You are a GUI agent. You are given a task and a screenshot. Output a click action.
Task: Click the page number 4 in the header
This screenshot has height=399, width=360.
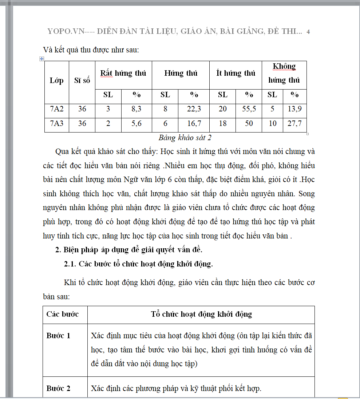[308, 32]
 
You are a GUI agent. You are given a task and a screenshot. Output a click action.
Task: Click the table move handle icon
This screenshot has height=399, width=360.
[41, 59]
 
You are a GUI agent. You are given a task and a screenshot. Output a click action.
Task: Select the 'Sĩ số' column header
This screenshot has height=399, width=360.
[82, 80]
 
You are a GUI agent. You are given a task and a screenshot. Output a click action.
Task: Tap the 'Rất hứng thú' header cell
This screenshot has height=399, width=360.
[123, 73]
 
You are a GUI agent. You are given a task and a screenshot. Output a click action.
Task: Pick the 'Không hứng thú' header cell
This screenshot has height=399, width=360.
[284, 73]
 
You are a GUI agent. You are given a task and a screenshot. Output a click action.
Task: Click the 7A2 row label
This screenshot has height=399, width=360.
[56, 109]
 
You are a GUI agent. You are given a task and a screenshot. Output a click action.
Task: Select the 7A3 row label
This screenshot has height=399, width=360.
[56, 123]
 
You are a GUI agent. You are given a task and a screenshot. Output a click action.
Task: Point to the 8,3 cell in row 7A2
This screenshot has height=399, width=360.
[136, 109]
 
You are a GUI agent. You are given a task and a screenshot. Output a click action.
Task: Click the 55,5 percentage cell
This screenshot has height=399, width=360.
[249, 109]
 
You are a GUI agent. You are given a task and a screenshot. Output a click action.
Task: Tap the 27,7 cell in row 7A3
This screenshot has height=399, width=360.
[294, 123]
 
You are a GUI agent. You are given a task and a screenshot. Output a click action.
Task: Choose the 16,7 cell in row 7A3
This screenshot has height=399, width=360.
[194, 123]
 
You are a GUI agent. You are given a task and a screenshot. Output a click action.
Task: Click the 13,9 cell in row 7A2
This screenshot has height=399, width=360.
[294, 109]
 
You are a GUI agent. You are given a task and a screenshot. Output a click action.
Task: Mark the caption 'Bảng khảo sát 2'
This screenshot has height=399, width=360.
[185, 138]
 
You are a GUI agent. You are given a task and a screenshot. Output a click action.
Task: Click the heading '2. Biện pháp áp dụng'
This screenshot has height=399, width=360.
[128, 250]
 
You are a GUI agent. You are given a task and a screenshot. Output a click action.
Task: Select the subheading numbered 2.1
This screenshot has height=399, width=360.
[138, 264]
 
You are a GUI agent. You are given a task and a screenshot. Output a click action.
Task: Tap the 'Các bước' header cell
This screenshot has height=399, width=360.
[62, 314]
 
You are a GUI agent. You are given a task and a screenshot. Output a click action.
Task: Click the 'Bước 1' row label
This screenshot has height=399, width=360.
[58, 336]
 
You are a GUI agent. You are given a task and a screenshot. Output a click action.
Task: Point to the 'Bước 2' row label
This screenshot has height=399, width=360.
[58, 388]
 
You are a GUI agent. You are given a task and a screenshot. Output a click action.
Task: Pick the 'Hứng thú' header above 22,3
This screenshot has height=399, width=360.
[181, 73]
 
